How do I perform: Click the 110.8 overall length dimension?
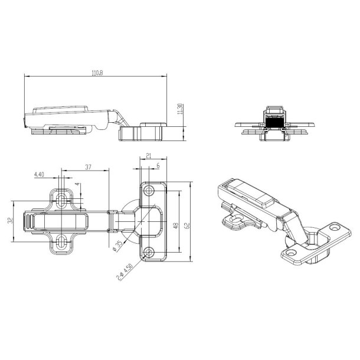[97, 73]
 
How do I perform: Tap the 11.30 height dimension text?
[180, 109]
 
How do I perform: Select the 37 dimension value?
[88, 167]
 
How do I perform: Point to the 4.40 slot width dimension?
[39, 175]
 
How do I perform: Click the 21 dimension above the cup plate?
[149, 156]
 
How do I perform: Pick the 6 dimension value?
[158, 165]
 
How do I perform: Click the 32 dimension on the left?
[10, 221]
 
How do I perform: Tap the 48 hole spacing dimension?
[176, 225]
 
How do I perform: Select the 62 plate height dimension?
[187, 225]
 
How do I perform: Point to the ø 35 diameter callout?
[117, 246]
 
